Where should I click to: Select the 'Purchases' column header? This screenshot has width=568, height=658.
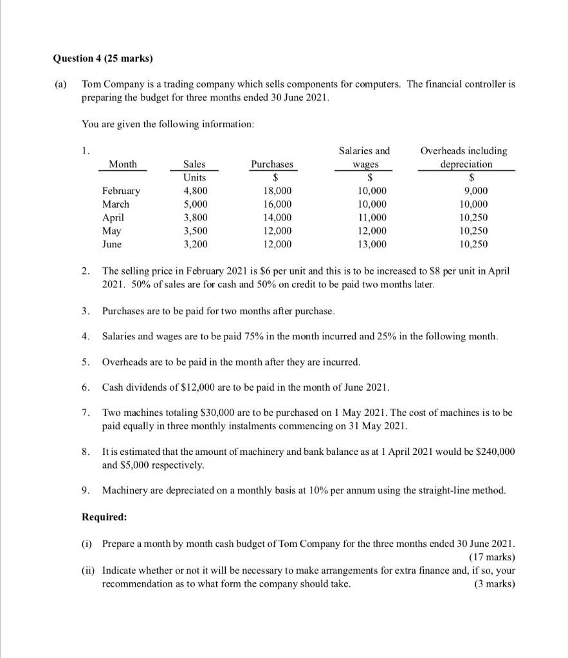click(x=271, y=164)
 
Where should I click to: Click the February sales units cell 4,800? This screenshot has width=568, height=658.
click(x=195, y=191)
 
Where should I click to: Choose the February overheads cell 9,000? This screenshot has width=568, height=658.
click(x=475, y=191)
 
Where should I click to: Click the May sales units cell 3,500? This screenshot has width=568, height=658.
click(x=195, y=231)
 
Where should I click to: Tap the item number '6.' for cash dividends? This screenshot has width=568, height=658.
click(x=86, y=388)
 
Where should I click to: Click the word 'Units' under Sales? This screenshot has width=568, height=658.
click(x=195, y=177)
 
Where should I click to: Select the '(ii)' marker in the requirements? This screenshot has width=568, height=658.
click(x=89, y=570)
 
